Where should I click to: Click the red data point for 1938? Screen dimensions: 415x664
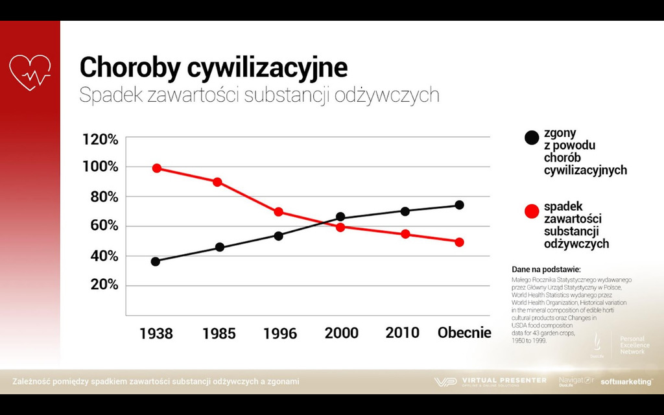(156, 169)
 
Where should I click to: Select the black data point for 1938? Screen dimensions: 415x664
(156, 261)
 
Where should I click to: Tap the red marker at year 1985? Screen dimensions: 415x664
(217, 182)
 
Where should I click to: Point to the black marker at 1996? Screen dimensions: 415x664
(278, 235)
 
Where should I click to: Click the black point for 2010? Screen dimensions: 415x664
(405, 211)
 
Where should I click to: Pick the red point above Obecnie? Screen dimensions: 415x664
(459, 242)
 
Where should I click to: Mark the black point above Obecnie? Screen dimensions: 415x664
(459, 205)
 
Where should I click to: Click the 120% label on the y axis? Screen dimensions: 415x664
(101, 139)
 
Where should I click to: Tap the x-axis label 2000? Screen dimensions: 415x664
(341, 333)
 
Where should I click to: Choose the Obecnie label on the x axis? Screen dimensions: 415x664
(464, 333)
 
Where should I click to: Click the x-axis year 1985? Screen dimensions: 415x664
(219, 334)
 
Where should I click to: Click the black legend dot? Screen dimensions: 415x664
(532, 137)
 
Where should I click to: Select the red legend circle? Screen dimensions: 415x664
(532, 211)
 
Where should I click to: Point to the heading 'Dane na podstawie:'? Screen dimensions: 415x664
(546, 269)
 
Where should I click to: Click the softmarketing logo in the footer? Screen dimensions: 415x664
(626, 382)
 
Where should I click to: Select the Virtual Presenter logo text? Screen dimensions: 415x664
(504, 381)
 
